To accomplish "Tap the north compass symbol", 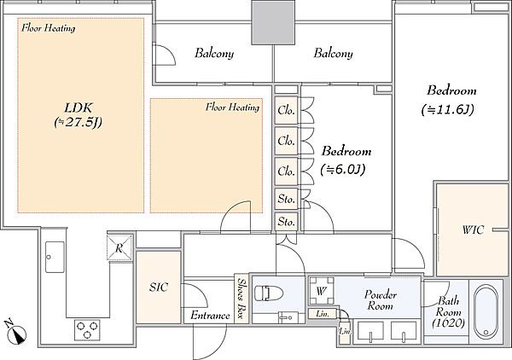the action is click(x=16, y=334).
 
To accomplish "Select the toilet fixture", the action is click(x=269, y=293).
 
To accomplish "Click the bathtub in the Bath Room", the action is click(x=486, y=312).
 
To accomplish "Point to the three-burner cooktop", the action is click(x=87, y=329).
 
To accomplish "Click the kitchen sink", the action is click(x=55, y=257).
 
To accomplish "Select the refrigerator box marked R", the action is click(x=119, y=247).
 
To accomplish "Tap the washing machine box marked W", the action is click(x=322, y=291).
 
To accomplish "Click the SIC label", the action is click(x=159, y=287).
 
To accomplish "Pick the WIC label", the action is click(x=473, y=230).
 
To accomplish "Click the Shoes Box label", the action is click(x=241, y=299).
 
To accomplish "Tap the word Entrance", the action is click(x=210, y=316).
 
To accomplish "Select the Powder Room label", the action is click(x=381, y=300).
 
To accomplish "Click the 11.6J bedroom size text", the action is click(x=448, y=110).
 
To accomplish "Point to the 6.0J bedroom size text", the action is click(x=342, y=170).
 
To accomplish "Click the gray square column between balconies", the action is click(x=273, y=22).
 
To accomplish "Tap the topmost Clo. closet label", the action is click(x=287, y=110).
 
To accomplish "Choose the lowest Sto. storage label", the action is click(x=287, y=222).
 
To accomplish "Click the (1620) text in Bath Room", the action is click(x=448, y=323).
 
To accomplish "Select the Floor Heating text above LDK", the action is click(x=49, y=28).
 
